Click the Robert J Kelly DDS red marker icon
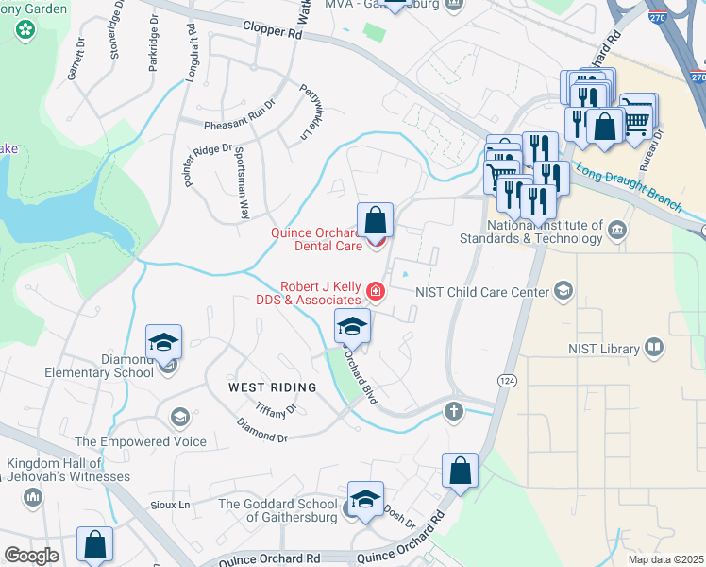[376, 291]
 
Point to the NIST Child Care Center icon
[563, 290]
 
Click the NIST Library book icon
[653, 349]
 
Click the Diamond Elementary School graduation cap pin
[163, 342]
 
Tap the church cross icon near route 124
[454, 411]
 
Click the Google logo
[30, 556]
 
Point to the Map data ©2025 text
[665, 559]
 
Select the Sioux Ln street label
[171, 506]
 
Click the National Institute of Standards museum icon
[616, 231]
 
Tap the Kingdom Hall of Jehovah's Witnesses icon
[35, 497]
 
